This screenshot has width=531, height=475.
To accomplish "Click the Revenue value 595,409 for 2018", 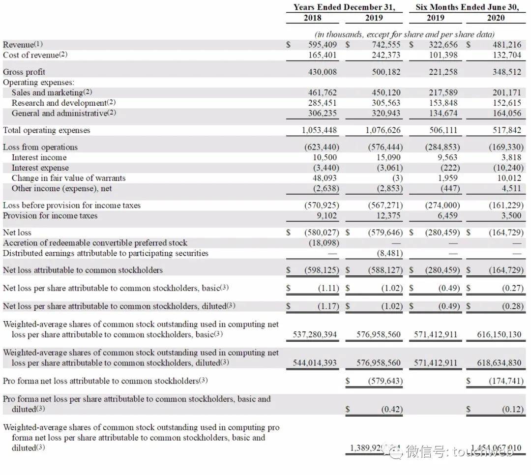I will coord(323,45).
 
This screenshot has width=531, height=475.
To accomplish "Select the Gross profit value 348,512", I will coord(506,72).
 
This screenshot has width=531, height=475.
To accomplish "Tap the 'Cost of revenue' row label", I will coord(35,55).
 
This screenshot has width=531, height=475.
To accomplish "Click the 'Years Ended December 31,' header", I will coord(344,7).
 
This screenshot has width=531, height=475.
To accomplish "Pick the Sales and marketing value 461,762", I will coord(323,92).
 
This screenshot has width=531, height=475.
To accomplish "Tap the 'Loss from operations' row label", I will coord(40,147).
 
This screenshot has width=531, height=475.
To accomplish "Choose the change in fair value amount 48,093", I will coord(326,178).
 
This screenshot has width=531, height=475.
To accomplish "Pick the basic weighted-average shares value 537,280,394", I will coord(315,334).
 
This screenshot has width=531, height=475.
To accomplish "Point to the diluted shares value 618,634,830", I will coord(500,362).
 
